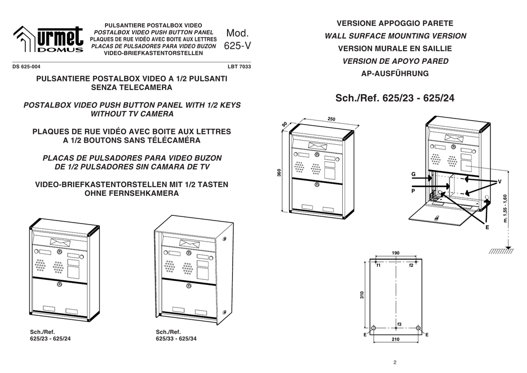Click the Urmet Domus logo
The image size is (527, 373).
tap(48, 39)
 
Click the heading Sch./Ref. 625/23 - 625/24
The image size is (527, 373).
tap(395, 98)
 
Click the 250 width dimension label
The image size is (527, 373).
tap(331, 120)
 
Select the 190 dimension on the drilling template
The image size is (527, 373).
tap(395, 253)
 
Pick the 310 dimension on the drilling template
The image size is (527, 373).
tap(362, 295)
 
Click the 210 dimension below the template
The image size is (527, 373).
tap(395, 340)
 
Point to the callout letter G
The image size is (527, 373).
tap(413, 175)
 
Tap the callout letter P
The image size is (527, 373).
tap(413, 191)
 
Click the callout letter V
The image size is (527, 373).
tap(499, 182)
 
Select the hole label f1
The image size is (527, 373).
tap(378, 265)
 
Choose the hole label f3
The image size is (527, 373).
tap(399, 323)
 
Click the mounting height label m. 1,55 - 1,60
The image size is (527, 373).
tap(505, 208)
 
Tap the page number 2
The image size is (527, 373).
tap(395, 362)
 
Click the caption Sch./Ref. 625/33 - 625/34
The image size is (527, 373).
tap(175, 335)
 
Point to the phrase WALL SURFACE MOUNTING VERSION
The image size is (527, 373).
tap(395, 36)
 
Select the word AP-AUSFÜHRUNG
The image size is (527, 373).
tap(395, 74)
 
